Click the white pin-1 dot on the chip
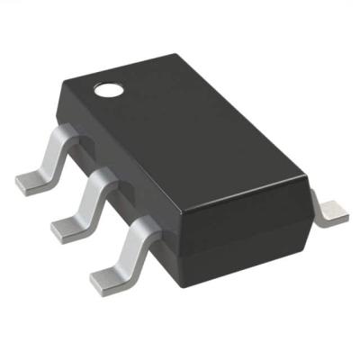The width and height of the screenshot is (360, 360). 108,88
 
